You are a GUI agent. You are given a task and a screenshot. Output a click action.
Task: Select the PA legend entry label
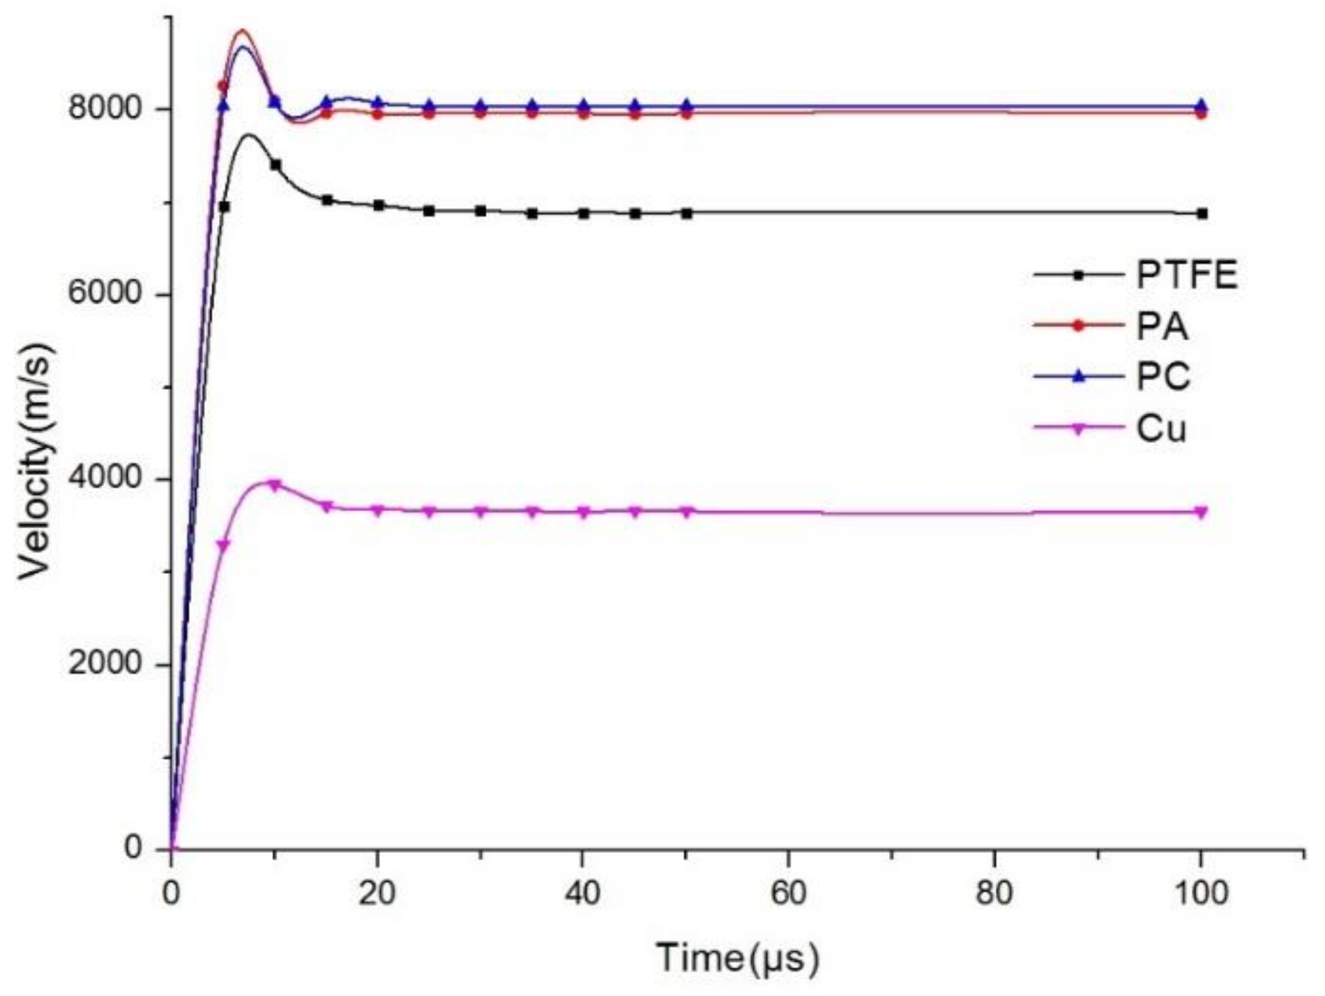click(1162, 326)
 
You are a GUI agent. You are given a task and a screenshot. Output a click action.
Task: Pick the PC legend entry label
click(1163, 377)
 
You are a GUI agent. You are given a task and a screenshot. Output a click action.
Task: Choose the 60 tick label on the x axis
click(789, 893)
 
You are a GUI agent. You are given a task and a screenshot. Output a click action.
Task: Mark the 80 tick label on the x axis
click(994, 893)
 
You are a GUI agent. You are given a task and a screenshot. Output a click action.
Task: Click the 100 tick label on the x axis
click(1200, 893)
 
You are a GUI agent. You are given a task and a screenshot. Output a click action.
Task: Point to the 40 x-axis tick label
click(583, 893)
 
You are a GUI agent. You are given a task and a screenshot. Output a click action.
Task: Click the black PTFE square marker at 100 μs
click(1202, 213)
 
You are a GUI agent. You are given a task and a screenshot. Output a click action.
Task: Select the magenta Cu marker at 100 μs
click(1201, 513)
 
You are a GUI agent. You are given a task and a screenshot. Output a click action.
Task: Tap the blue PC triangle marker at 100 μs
click(1202, 105)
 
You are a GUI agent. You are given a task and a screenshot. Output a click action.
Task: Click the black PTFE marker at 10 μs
click(275, 165)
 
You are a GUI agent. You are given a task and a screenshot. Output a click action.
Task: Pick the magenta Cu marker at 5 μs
click(224, 545)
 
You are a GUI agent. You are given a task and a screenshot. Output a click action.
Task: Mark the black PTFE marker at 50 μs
click(687, 213)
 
